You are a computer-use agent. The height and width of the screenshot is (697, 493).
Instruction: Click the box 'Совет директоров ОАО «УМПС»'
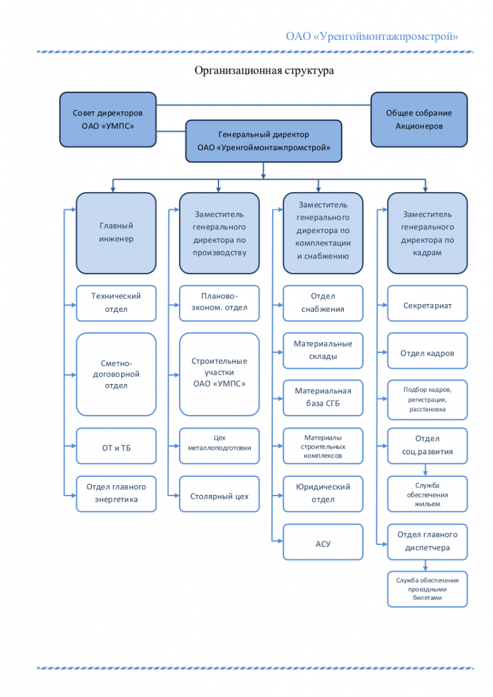pyautogui.click(x=108, y=120)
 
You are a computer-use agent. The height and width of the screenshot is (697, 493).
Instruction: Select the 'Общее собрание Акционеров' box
pyautogui.click(x=419, y=120)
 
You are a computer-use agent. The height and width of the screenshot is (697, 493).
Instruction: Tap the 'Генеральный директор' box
pyautogui.click(x=263, y=141)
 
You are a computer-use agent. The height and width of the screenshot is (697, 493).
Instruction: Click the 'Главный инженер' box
pyautogui.click(x=116, y=233)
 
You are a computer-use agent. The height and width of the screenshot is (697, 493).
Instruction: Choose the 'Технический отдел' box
pyautogui.click(x=116, y=303)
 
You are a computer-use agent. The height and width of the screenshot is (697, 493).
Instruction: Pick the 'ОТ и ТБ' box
pyautogui.click(x=116, y=446)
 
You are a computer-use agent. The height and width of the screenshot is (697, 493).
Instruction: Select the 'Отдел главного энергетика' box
pyautogui.click(x=116, y=494)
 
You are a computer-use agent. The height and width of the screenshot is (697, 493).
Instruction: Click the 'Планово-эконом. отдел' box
pyautogui.click(x=220, y=303)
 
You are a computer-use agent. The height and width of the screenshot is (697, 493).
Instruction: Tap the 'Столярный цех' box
pyautogui.click(x=220, y=494)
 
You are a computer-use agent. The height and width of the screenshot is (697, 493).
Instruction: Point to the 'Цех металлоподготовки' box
pyautogui.click(x=220, y=446)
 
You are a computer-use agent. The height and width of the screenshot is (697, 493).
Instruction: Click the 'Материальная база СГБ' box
pyautogui.click(x=323, y=398)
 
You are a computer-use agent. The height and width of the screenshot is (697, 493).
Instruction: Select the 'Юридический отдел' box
pyautogui.click(x=323, y=494)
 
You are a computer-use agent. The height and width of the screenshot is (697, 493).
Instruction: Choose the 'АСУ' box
pyautogui.click(x=323, y=542)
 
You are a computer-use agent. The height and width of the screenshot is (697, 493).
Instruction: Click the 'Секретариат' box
pyautogui.click(x=427, y=303)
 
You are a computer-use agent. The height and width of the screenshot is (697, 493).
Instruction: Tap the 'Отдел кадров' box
pyautogui.click(x=427, y=351)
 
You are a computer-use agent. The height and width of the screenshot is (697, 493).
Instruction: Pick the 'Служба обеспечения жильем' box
pyautogui.click(x=427, y=494)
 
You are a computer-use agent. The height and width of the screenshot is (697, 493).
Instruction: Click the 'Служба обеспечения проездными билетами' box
pyautogui.click(x=427, y=589)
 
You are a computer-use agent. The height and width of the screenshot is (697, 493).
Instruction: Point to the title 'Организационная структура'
pyautogui.click(x=265, y=71)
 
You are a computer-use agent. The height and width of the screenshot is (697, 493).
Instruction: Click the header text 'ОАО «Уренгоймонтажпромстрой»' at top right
pyautogui.click(x=372, y=36)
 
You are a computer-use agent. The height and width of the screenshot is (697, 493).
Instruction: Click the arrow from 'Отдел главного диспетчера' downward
pyautogui.click(x=425, y=565)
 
